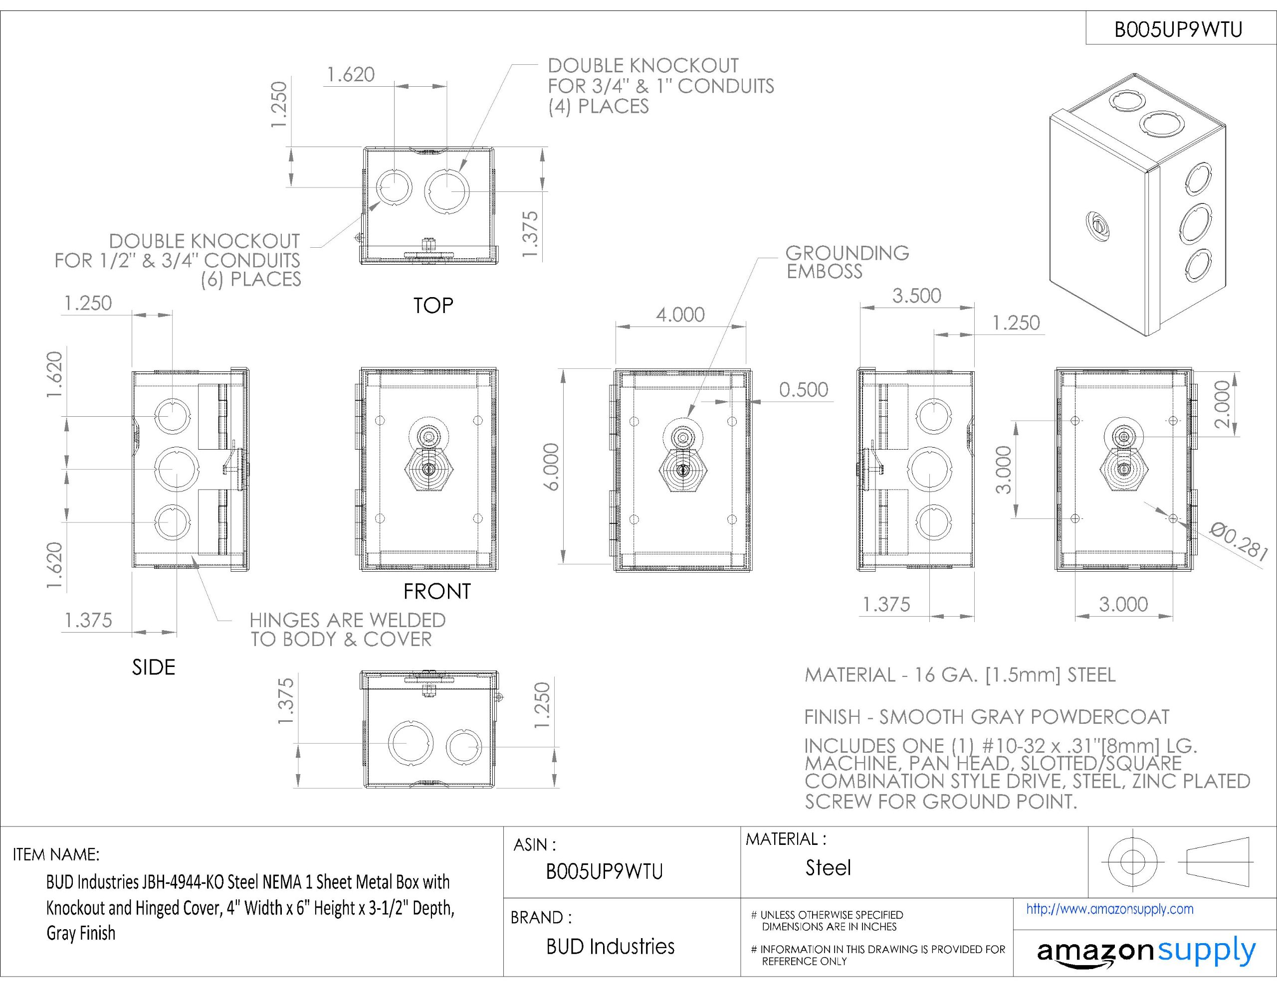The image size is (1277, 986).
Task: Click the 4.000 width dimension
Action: click(x=680, y=315)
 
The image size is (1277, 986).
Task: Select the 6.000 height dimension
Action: click(x=552, y=467)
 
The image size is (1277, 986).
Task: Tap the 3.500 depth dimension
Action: click(x=916, y=296)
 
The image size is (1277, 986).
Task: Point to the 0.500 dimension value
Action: click(x=804, y=390)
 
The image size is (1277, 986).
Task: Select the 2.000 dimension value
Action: click(x=1222, y=404)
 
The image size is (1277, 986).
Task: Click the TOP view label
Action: click(x=433, y=306)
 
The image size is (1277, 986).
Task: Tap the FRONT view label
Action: click(x=437, y=592)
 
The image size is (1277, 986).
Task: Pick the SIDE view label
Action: click(x=153, y=667)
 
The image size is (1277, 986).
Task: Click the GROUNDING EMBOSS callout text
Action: click(x=847, y=262)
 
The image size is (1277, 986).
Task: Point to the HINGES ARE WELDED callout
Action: click(x=347, y=630)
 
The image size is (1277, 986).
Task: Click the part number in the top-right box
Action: click(x=1178, y=29)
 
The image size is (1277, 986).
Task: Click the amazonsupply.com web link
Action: click(x=1110, y=909)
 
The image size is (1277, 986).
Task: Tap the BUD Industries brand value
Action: click(x=610, y=946)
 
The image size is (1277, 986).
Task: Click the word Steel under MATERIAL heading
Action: click(x=828, y=867)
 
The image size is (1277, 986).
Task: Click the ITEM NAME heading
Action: click(x=56, y=854)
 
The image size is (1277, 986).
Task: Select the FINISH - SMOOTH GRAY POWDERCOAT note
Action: click(x=986, y=716)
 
